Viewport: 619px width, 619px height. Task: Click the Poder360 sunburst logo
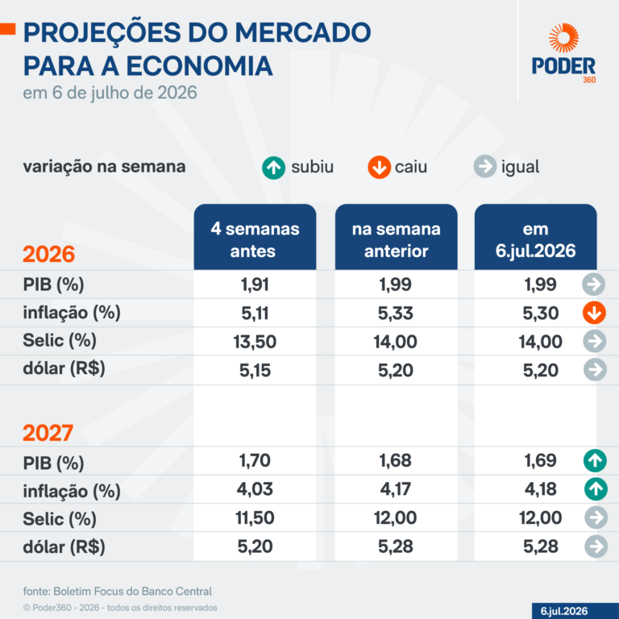pos(563,38)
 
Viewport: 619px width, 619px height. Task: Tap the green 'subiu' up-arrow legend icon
pos(273,168)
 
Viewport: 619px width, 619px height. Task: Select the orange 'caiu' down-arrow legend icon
pos(380,168)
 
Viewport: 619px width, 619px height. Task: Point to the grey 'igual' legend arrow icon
pos(484,166)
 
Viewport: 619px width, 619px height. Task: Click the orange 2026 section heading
pos(48,254)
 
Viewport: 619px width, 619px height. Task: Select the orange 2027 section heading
pos(48,433)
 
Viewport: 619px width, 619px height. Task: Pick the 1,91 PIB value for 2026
pos(255,285)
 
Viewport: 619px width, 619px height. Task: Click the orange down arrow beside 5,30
pos(594,313)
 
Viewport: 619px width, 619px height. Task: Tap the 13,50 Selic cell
pos(255,342)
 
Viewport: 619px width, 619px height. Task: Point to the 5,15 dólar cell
pos(255,370)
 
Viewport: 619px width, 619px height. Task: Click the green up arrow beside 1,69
pos(595,461)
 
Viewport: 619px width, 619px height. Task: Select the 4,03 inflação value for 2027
pos(255,489)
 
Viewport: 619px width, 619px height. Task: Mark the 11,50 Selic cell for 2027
pos(255,517)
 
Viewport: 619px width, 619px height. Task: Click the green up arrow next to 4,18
pos(596,489)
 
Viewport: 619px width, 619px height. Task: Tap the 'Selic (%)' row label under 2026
pos(60,341)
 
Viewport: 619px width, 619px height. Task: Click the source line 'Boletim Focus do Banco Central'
pos(133,592)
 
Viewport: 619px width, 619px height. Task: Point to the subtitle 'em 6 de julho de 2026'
pos(110,93)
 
